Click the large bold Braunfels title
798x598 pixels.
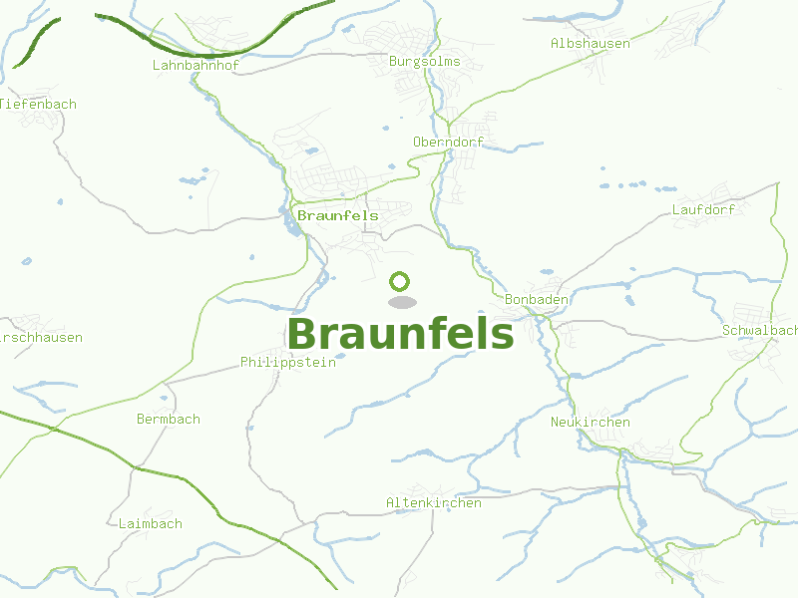(400, 334)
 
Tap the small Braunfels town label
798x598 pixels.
(338, 215)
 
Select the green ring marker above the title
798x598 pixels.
(400, 281)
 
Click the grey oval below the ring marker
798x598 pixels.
(401, 302)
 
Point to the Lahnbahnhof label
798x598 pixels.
(197, 66)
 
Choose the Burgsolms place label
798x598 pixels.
(424, 62)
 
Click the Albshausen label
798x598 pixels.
(590, 44)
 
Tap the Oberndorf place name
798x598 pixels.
(448, 143)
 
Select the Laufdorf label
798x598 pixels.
(703, 210)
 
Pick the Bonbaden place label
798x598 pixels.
(537, 299)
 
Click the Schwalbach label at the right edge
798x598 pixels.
(760, 330)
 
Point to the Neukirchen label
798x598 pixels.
(590, 423)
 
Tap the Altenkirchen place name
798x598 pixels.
(433, 503)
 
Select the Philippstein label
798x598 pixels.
(287, 363)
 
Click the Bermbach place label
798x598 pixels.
(168, 420)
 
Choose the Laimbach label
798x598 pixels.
(150, 524)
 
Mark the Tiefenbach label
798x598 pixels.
(39, 105)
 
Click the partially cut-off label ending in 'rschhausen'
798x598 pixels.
(42, 338)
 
